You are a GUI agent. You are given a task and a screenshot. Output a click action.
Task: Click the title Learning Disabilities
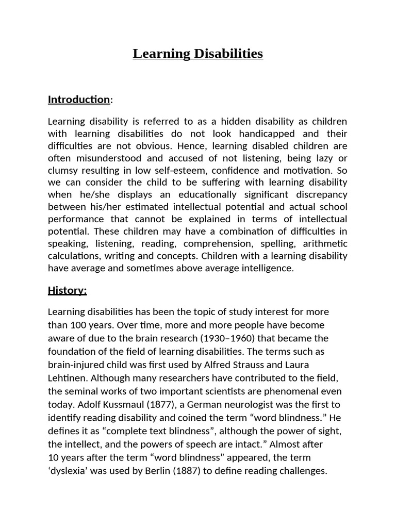pyautogui.click(x=198, y=54)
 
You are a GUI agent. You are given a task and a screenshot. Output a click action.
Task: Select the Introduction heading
pyautogui.click(x=79, y=100)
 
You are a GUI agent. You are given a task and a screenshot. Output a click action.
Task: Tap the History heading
pyautogui.click(x=67, y=290)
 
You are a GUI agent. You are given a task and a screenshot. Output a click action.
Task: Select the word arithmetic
pyautogui.click(x=324, y=244)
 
